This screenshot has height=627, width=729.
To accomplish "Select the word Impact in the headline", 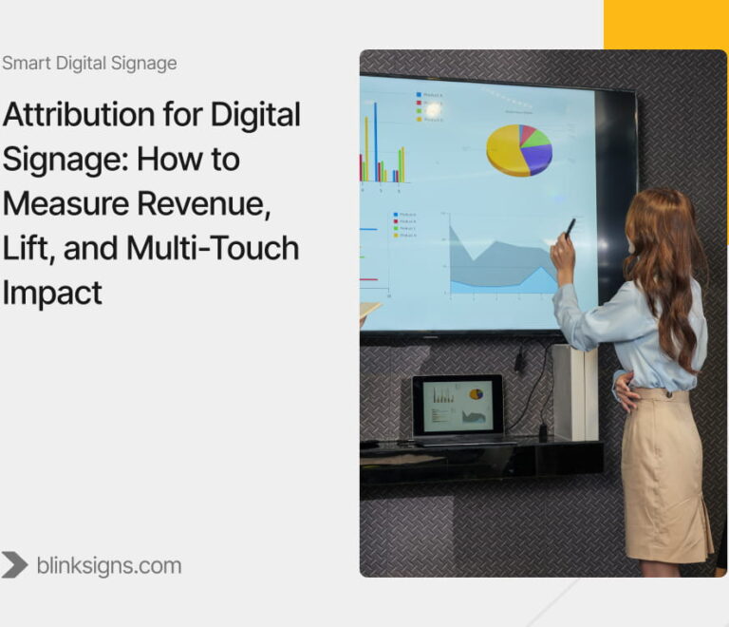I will click(x=51, y=293).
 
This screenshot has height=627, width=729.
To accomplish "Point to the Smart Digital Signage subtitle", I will click(x=89, y=64).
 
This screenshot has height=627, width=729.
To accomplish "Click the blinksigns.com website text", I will click(x=108, y=566).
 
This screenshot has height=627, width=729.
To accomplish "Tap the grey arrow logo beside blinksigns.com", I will click(x=14, y=565).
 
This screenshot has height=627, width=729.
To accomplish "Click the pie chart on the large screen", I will click(x=519, y=149).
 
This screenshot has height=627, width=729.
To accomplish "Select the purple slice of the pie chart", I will click(x=538, y=159).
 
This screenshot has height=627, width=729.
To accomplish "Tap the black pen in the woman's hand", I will click(x=570, y=228).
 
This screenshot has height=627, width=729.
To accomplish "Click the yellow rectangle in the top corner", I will click(x=665, y=24).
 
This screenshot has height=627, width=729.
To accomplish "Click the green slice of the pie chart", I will click(x=536, y=139).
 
